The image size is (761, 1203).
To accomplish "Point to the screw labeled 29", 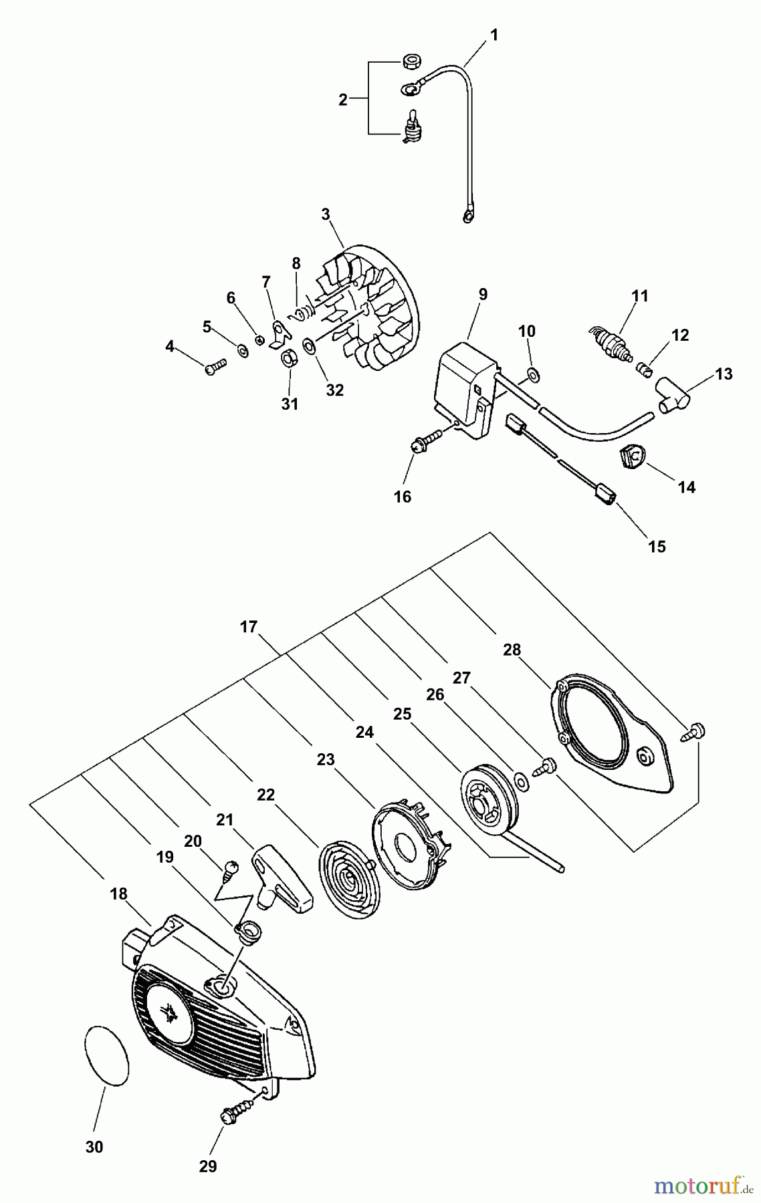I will (x=233, y=1112).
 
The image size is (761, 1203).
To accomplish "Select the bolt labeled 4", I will (x=215, y=366).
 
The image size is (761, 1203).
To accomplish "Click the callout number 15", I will (x=657, y=547).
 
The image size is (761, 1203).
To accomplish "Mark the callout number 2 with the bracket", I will (x=343, y=100).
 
